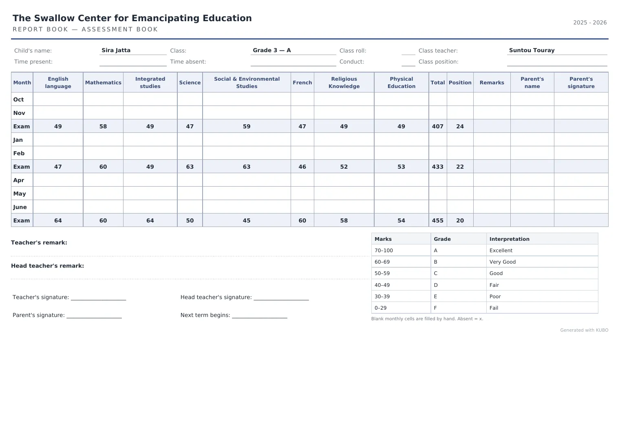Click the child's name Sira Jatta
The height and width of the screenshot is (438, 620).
click(116, 51)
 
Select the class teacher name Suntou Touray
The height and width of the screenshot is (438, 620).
click(532, 51)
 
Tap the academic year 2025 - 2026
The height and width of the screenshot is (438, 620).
click(590, 23)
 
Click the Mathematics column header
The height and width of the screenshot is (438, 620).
click(103, 82)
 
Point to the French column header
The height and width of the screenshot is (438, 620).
click(302, 82)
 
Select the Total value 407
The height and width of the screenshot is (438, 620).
click(438, 126)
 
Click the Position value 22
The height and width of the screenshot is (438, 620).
click(460, 167)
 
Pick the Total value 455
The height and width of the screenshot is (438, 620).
click(438, 220)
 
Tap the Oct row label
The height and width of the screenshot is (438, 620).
click(18, 99)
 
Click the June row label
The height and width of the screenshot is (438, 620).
click(20, 207)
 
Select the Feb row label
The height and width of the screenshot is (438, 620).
click(19, 153)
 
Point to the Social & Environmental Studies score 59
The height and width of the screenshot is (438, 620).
click(247, 126)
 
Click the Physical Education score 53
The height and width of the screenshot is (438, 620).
click(402, 167)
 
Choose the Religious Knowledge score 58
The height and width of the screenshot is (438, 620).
click(344, 220)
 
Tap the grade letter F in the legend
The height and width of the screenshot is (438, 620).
click(435, 308)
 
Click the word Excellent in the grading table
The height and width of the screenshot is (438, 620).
click(501, 251)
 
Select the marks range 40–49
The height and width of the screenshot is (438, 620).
click(382, 285)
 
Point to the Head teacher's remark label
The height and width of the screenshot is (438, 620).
click(48, 266)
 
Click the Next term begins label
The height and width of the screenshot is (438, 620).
click(205, 315)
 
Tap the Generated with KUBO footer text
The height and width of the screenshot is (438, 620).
click(584, 330)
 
